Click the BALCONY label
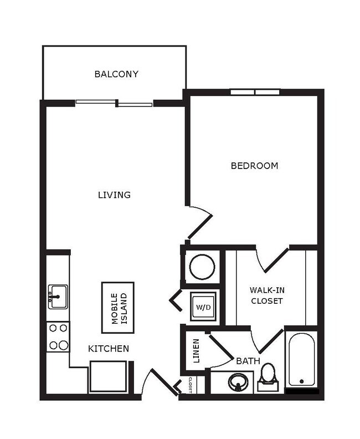click(x=116, y=74)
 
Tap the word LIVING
click(x=114, y=195)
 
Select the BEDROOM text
click(x=254, y=165)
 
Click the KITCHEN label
click(x=109, y=349)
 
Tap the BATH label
click(x=248, y=361)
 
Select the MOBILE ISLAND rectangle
click(x=117, y=307)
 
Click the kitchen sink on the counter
click(x=57, y=297)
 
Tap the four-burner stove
click(x=58, y=337)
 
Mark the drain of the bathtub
click(x=301, y=381)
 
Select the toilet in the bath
click(x=268, y=375)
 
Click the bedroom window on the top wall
click(x=254, y=92)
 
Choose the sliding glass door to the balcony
click(x=114, y=103)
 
